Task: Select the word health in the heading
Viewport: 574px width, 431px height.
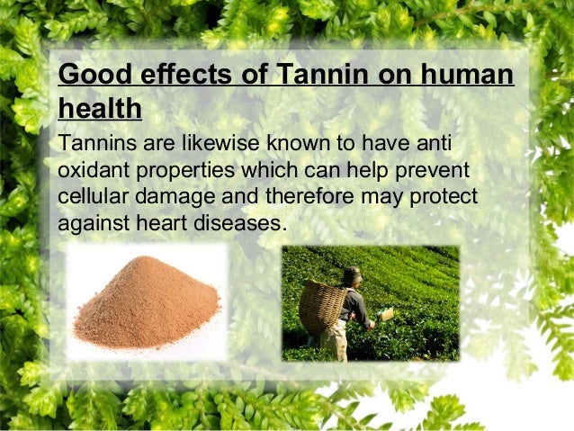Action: click(99, 109)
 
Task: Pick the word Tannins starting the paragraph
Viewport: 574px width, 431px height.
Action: click(94, 145)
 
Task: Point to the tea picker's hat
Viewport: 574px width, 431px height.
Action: click(352, 274)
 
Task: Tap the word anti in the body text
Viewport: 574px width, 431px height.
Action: click(434, 145)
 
